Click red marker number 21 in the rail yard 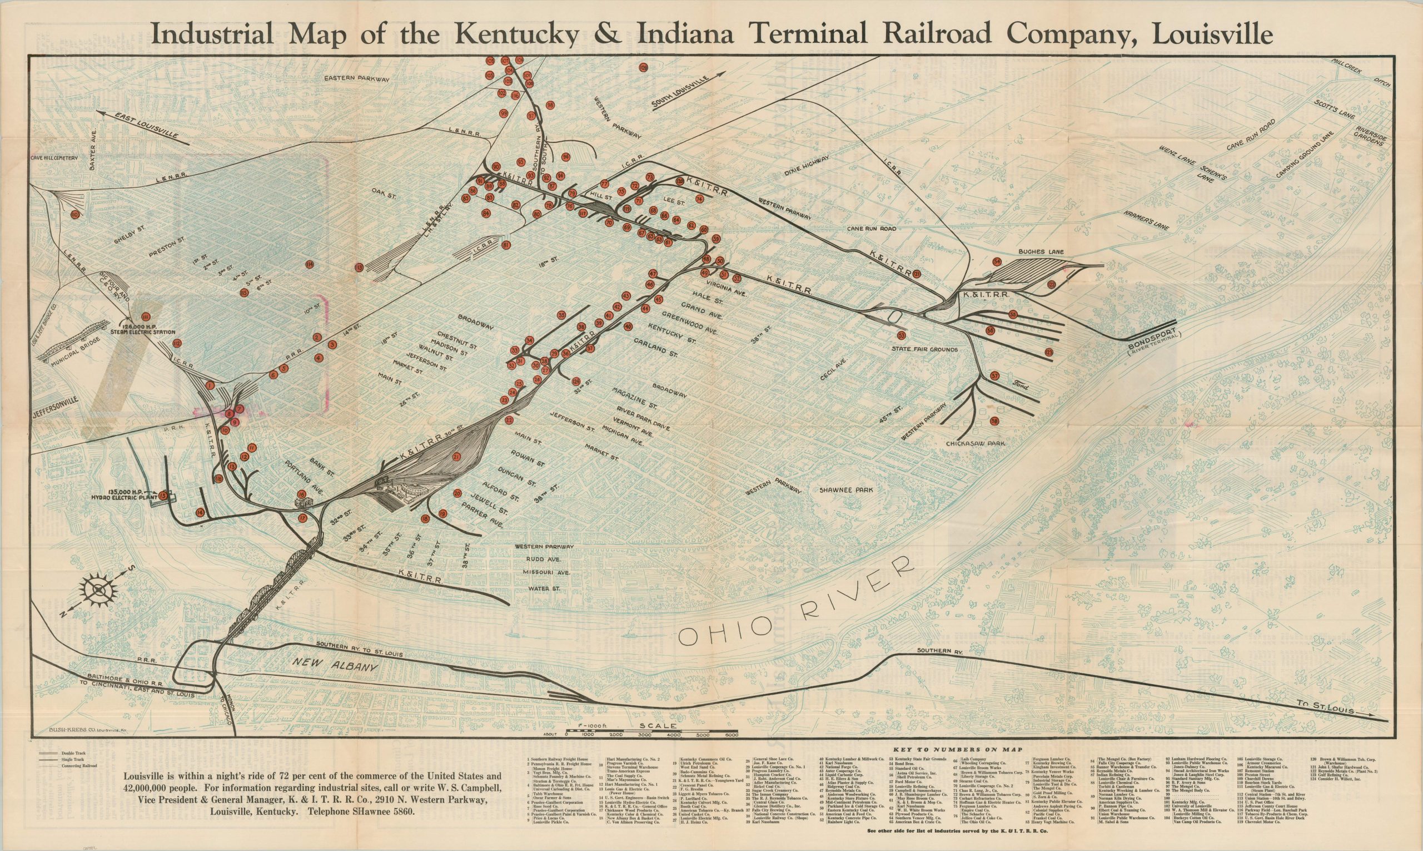pyautogui.click(x=457, y=457)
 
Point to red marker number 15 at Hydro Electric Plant pyautogui.click(x=163, y=496)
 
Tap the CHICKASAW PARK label pyautogui.click(x=976, y=443)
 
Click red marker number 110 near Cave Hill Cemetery pyautogui.click(x=75, y=215)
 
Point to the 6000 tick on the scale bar pyautogui.click(x=731, y=735)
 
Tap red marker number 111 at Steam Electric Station pyautogui.click(x=146, y=316)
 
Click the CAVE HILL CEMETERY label pyautogui.click(x=55, y=156)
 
